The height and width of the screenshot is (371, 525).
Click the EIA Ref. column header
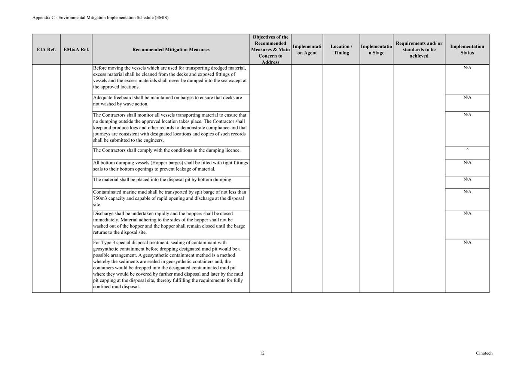46,49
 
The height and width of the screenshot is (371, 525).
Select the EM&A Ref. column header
76,49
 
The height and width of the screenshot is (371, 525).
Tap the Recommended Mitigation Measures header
171,49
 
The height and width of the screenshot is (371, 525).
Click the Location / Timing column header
341,49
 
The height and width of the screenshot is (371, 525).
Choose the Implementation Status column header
467,49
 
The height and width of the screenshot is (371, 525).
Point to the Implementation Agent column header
307,49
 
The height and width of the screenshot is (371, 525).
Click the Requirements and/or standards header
419,49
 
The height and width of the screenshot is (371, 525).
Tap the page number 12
262,353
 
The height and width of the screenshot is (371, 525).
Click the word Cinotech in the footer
484,353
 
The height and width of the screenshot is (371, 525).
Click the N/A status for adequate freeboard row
467,97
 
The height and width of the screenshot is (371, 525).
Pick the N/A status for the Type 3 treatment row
467,242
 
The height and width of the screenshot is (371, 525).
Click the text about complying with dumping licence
167,150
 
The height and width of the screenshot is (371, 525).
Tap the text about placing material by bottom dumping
163,180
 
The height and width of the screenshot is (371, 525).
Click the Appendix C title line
100,18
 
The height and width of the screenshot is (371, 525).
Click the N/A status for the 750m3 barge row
467,192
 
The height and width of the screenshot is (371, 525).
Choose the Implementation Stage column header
376,49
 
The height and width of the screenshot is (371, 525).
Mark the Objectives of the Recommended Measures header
270,49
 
